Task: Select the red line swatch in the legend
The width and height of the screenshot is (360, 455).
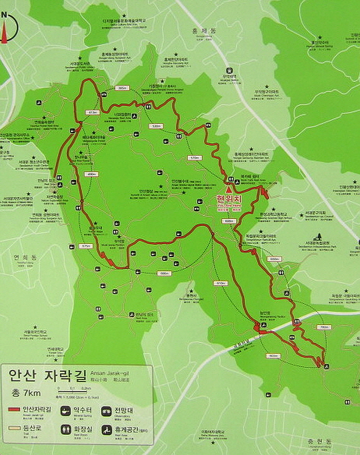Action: (14, 410)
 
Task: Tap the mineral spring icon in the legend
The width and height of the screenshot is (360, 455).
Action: (66, 411)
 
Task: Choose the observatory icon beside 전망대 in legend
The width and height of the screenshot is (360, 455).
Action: (106, 411)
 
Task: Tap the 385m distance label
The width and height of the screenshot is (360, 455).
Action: (122, 88)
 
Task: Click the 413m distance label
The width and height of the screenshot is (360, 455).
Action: (93, 112)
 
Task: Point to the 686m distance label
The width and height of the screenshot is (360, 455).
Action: (165, 273)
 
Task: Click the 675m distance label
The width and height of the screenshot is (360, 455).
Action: (85, 246)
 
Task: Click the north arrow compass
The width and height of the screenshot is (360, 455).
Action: (7, 27)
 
